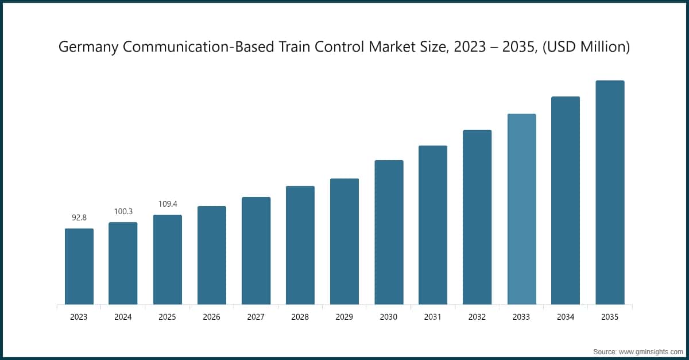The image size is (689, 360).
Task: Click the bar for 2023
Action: point(79,266)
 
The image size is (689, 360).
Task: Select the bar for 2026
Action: point(211,256)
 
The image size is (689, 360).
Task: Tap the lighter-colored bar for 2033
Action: point(521,209)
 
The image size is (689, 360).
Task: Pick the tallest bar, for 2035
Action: point(610,192)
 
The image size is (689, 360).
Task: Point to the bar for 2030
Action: point(389,233)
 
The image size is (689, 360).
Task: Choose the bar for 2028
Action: point(300,245)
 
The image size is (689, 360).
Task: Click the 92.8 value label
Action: point(79,218)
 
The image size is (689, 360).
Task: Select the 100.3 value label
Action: point(123,212)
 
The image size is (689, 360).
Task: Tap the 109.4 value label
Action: point(167,204)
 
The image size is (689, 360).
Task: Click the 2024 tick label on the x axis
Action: point(123,317)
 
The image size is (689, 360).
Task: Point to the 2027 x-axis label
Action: point(256,317)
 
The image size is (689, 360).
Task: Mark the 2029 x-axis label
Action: point(344,317)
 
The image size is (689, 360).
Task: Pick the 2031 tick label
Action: point(433,317)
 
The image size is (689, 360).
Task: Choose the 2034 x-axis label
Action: point(566,317)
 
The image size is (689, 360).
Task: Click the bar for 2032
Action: point(477,217)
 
